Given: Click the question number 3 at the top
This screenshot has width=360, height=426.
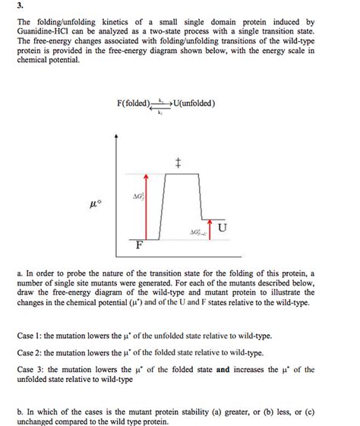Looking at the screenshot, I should [x=20, y=7].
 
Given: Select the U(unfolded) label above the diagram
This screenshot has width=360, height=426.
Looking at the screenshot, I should [x=195, y=103].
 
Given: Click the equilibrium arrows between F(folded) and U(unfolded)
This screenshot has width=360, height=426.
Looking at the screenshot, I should [x=161, y=106].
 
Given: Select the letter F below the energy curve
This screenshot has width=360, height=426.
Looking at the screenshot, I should [x=139, y=245].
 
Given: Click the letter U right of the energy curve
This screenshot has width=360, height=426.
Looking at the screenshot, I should [x=220, y=227].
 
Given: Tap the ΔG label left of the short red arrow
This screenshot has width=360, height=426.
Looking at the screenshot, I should [x=197, y=232].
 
